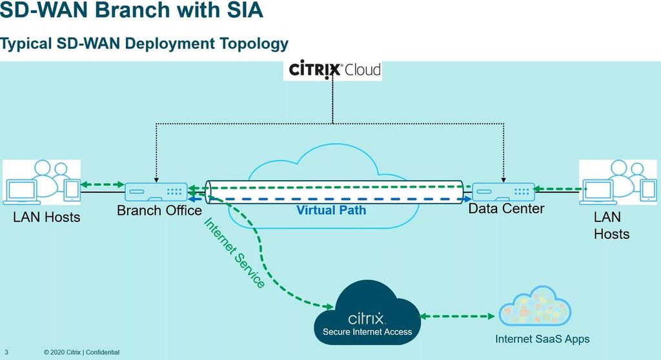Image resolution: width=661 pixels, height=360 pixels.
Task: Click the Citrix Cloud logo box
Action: [x=332, y=70]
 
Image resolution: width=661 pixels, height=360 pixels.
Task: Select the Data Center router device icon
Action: [x=503, y=192]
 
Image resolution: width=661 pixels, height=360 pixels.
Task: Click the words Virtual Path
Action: [x=331, y=210]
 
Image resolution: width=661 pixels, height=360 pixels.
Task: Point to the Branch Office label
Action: [x=159, y=210]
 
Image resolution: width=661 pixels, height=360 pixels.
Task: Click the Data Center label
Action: [x=506, y=208]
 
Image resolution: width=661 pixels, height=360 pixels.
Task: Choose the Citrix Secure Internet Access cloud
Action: [x=367, y=316]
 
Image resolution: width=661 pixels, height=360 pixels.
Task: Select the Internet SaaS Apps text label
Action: [x=542, y=339]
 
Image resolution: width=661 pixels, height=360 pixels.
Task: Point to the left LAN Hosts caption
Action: [x=46, y=217]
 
